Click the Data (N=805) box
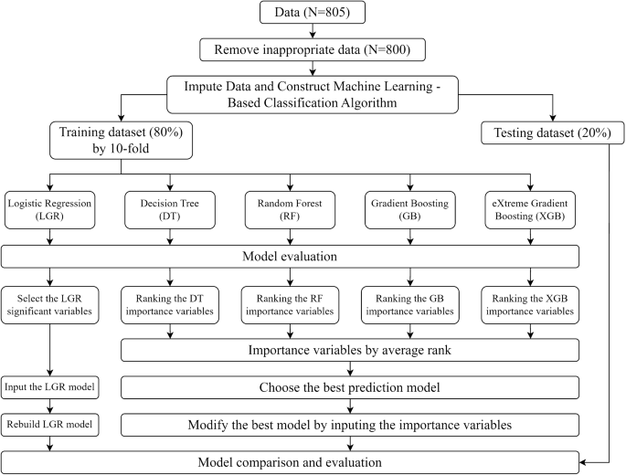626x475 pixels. click(x=313, y=15)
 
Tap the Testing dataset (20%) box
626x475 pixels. click(x=553, y=134)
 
